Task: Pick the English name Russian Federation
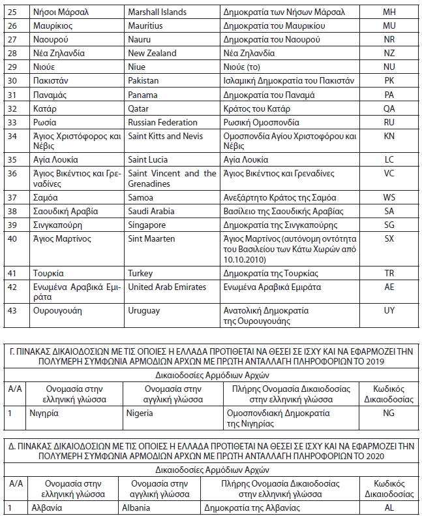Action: tap(162, 122)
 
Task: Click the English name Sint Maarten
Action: tap(151, 239)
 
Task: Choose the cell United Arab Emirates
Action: tap(167, 287)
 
